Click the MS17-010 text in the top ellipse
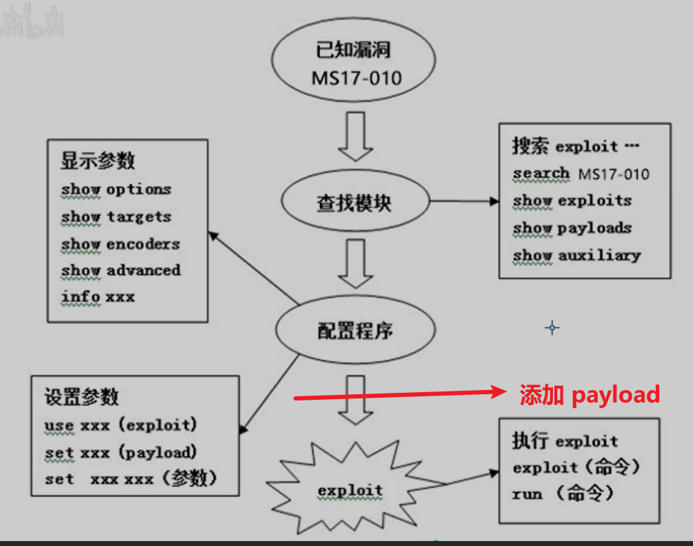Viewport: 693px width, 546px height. tap(357, 77)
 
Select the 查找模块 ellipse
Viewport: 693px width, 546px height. tap(355, 203)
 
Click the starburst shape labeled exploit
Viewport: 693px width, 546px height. tap(350, 490)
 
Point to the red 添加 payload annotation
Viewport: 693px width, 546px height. tap(590, 395)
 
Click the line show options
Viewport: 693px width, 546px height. tap(116, 189)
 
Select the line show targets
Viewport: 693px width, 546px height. tap(116, 216)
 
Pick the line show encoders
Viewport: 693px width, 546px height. tap(120, 244)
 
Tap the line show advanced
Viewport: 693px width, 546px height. tap(120, 271)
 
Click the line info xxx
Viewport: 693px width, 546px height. tap(98, 297)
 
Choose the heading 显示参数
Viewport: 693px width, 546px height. tap(98, 160)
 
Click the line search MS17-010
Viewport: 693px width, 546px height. tap(581, 174)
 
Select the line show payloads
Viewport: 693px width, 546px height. tap(572, 228)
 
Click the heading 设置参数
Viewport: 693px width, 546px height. tap(81, 397)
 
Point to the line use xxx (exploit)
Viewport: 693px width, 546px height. tap(120, 425)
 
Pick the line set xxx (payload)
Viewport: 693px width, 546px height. tap(120, 453)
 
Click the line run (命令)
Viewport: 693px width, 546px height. tap(563, 494)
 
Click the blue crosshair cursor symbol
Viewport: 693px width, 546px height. tap(552, 327)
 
